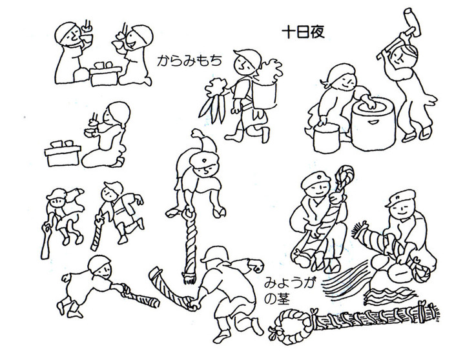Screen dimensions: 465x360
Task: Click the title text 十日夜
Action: pyautogui.click(x=303, y=32)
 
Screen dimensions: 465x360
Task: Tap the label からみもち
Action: pyautogui.click(x=189, y=61)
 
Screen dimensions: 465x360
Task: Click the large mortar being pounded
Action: pyautogui.click(x=374, y=124)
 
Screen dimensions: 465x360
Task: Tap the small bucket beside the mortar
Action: pyautogui.click(x=327, y=138)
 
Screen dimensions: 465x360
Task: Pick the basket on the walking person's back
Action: pyautogui.click(x=265, y=95)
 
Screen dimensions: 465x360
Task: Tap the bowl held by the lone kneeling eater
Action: pyautogui.click(x=90, y=132)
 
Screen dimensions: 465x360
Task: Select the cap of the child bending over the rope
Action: pyautogui.click(x=204, y=161)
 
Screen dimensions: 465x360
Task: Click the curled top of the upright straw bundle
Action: pyautogui.click(x=345, y=175)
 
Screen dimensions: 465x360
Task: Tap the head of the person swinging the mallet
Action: pyautogui.click(x=403, y=55)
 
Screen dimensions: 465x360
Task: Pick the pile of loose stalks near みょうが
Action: pyautogui.click(x=346, y=281)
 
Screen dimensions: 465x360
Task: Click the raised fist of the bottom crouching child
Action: pyautogui.click(x=257, y=265)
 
